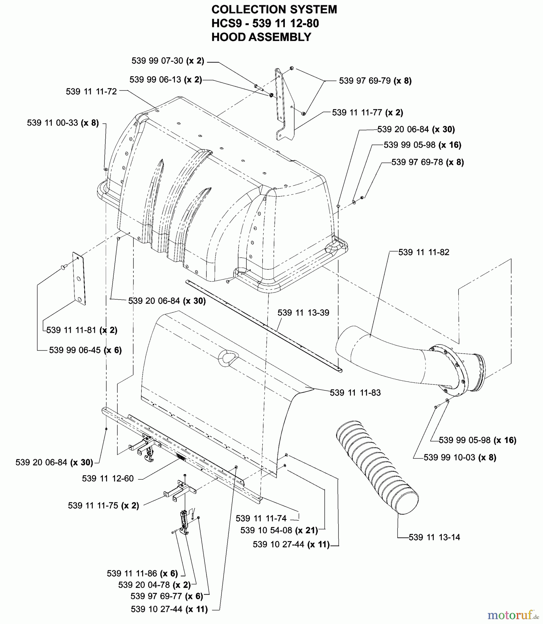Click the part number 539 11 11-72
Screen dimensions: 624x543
click(91, 92)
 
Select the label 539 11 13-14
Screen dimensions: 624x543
click(434, 537)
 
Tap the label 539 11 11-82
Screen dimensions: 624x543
click(423, 252)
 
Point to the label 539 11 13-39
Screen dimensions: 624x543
click(303, 313)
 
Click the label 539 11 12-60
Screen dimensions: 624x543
click(108, 478)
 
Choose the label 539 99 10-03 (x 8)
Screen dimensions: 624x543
click(460, 458)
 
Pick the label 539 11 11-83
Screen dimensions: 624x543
click(355, 393)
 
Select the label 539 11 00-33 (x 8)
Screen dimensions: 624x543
click(63, 123)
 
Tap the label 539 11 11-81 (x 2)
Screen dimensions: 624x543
click(82, 330)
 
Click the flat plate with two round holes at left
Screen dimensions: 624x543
click(79, 278)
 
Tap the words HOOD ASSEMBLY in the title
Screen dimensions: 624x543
click(261, 37)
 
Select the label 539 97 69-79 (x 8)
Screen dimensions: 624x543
click(375, 81)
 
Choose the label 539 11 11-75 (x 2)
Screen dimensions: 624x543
click(103, 505)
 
